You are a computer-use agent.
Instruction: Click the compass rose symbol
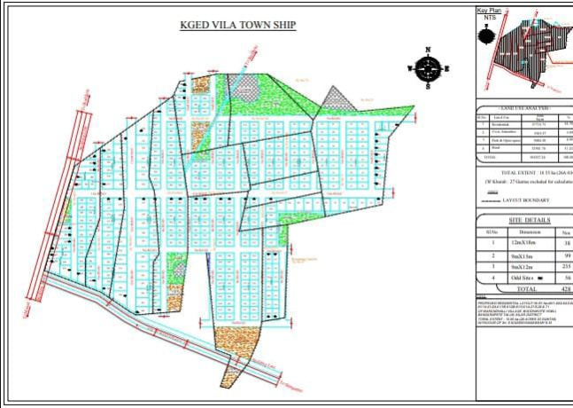click(x=429, y=67)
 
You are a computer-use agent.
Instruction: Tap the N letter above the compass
click(x=429, y=51)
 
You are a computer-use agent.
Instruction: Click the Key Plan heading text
click(x=490, y=10)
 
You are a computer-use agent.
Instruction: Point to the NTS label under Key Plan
click(x=488, y=17)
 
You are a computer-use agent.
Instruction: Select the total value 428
click(x=567, y=288)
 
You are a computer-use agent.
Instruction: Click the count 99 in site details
click(x=566, y=255)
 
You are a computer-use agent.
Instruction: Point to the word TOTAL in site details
click(x=526, y=288)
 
